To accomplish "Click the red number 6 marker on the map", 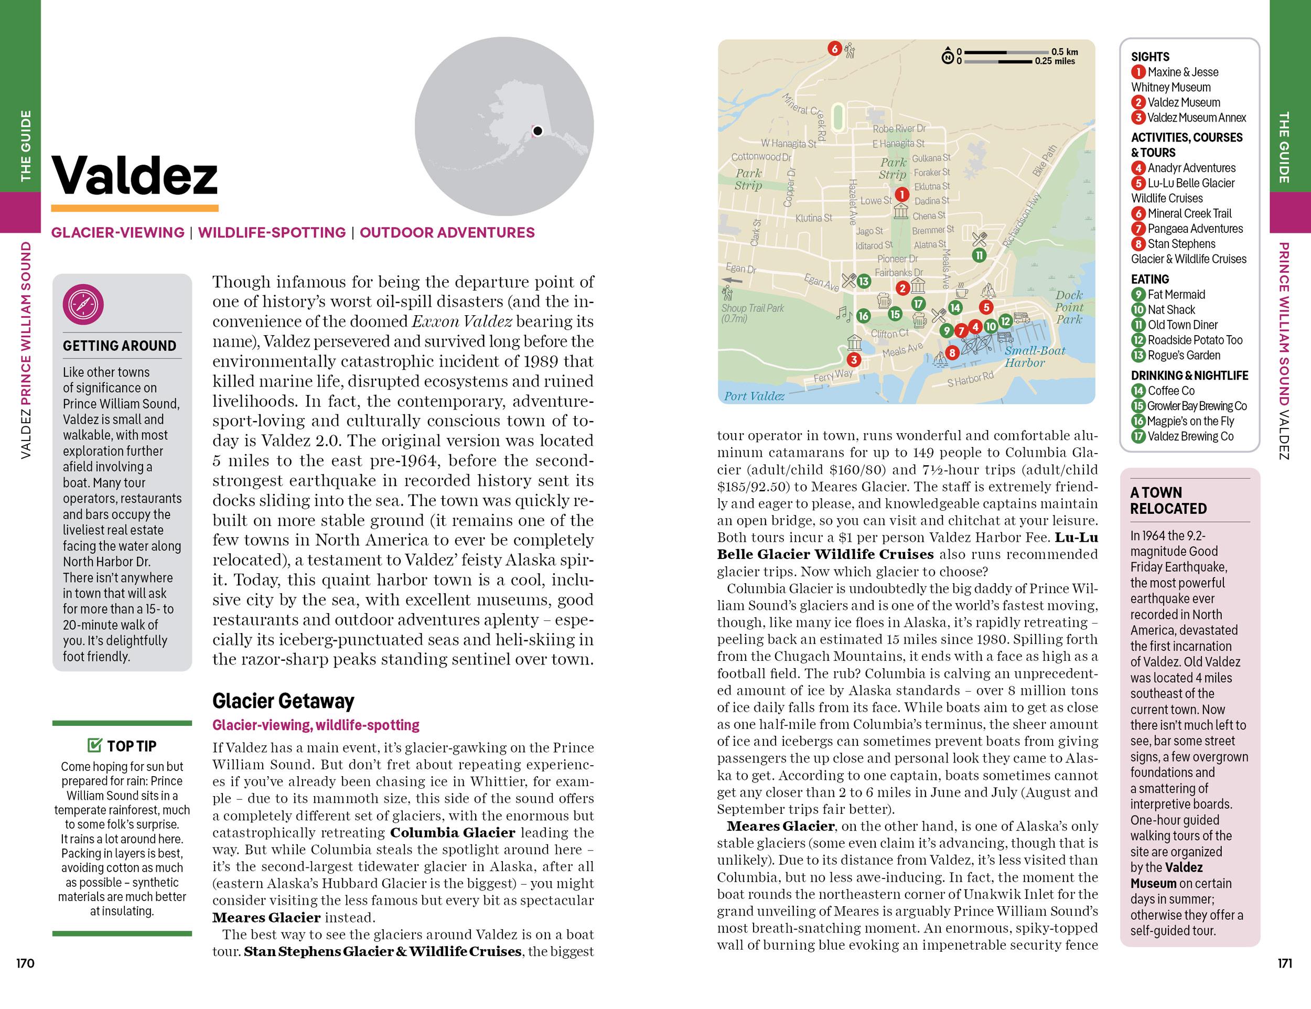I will (x=834, y=49).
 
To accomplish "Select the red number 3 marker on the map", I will (x=854, y=360).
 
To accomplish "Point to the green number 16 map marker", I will (x=863, y=316).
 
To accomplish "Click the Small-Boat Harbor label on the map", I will (x=1035, y=357).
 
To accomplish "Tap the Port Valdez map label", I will (x=754, y=396).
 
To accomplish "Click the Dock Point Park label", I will (x=1069, y=307).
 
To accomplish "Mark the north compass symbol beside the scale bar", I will (x=947, y=57).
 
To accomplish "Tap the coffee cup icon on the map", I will (x=962, y=291).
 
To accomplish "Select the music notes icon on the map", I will (x=844, y=313).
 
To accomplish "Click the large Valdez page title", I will (x=134, y=175).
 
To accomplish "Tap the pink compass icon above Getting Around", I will (x=83, y=305).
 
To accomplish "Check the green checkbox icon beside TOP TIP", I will (x=95, y=746).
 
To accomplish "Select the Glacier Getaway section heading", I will (x=283, y=701).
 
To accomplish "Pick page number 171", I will (x=1285, y=963).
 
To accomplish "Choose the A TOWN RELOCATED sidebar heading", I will (x=1168, y=501).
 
